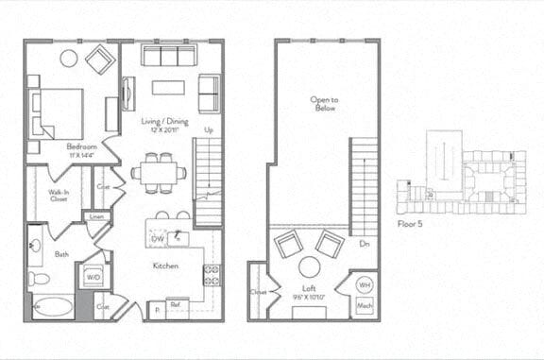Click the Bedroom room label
[82, 147]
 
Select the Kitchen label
[167, 266]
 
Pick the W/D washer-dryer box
[93, 278]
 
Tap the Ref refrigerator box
[176, 304]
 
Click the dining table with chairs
[159, 173]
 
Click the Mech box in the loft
[363, 306]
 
